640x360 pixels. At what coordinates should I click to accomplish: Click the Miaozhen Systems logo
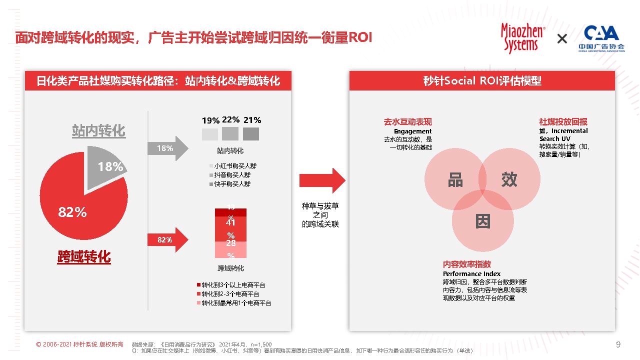(x=522, y=38)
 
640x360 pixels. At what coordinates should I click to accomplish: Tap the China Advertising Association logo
(x=601, y=38)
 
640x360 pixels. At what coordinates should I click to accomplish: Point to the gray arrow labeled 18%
(x=167, y=148)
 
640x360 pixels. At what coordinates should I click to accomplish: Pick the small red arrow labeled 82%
(x=167, y=240)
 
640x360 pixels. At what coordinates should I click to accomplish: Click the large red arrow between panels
(x=322, y=180)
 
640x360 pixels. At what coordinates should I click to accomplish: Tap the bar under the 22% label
(x=230, y=133)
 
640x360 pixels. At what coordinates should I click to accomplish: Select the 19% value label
(x=210, y=120)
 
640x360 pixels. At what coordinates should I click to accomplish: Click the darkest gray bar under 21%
(x=251, y=134)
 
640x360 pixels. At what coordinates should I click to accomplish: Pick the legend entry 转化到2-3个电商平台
(x=234, y=294)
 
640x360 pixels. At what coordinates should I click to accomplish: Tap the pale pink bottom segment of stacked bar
(x=230, y=250)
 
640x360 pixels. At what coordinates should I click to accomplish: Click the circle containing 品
(x=452, y=179)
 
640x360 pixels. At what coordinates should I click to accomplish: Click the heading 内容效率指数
(x=467, y=264)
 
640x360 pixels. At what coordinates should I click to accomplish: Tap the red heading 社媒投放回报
(x=563, y=121)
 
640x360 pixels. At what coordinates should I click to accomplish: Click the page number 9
(x=618, y=344)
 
